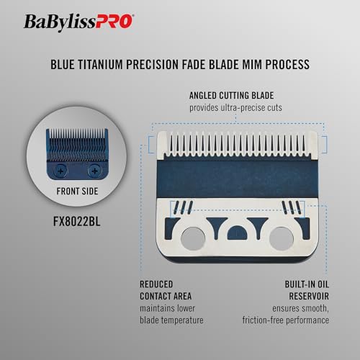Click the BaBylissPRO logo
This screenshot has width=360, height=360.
pyautogui.click(x=79, y=22)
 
